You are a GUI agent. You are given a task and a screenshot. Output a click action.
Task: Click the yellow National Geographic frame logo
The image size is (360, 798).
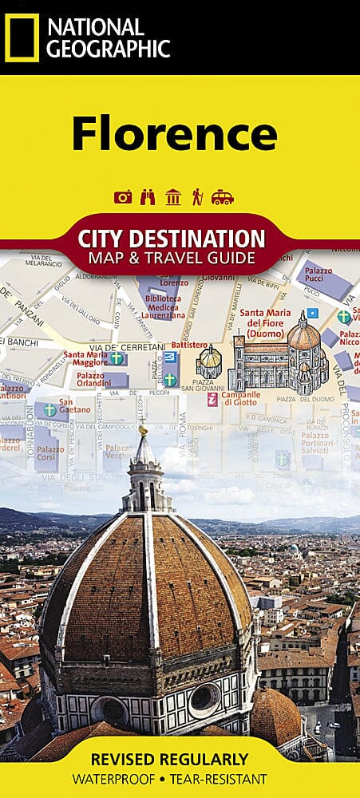click(x=22, y=37)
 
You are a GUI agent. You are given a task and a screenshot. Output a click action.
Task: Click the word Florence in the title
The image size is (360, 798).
click(x=174, y=132)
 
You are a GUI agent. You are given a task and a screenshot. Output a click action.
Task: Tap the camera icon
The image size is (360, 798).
click(x=123, y=197)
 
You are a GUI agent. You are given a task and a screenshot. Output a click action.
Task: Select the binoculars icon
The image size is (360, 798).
click(x=148, y=197)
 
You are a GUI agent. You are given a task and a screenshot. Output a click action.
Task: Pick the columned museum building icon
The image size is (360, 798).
click(x=172, y=197)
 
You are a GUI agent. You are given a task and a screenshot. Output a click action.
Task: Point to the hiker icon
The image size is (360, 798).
click(x=196, y=197)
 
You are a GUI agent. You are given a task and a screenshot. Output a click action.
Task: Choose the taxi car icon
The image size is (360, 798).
click(x=222, y=197)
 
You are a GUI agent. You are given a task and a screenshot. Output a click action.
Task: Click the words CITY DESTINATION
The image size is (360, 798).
click(x=172, y=238)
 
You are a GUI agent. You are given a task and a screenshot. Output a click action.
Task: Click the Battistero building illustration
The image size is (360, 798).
click(x=209, y=363)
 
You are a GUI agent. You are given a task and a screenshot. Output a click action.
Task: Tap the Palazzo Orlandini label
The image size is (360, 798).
click(x=91, y=380)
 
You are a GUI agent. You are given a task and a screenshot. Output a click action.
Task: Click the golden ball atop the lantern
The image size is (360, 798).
click(x=144, y=430)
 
